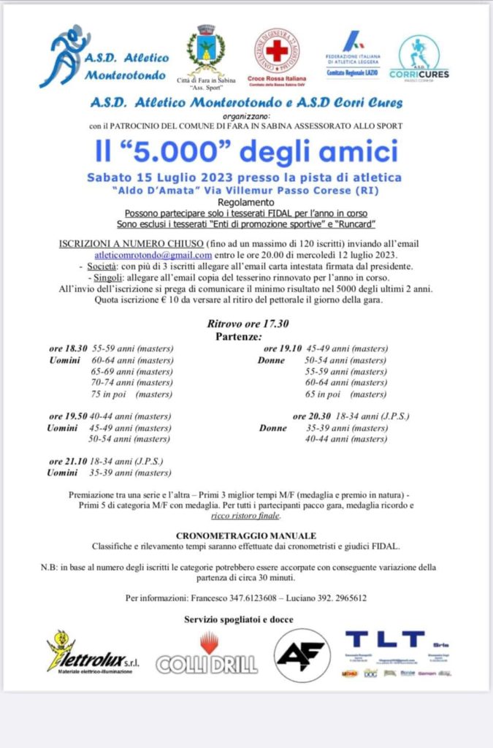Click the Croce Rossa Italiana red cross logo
tap(276, 51)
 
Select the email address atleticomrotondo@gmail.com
tap(153, 255)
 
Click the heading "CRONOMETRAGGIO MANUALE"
tap(246, 535)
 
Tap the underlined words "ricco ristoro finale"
tap(245, 516)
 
